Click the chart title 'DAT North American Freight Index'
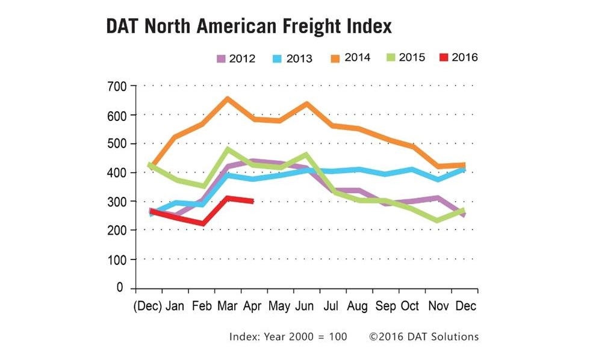pos(249,27)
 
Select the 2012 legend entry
pos(235,58)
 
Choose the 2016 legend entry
pos(459,58)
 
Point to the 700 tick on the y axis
pos(117,86)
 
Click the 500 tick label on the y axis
pos(117,144)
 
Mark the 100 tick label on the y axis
pos(117,259)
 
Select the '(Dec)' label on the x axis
pos(147,306)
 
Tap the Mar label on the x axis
pos(226,306)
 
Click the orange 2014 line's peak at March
pos(227,98)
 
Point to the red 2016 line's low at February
pos(202,224)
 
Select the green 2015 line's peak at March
pos(227,149)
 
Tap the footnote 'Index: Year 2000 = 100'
pos(288,337)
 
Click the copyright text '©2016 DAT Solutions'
pos(424,337)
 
